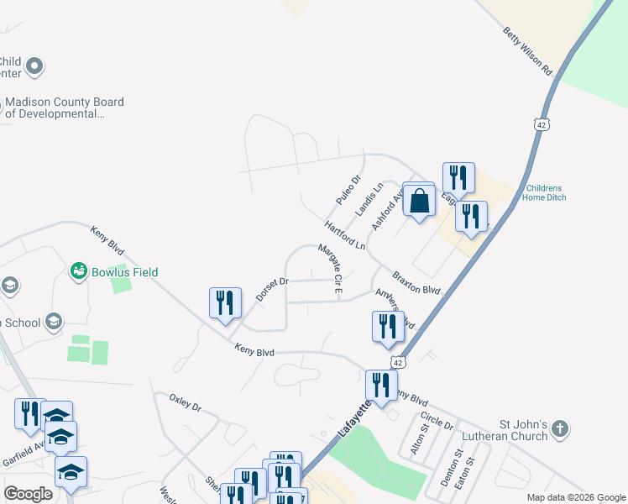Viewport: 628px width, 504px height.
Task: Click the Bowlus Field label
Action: click(125, 272)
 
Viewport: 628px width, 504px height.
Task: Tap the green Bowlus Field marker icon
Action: click(79, 271)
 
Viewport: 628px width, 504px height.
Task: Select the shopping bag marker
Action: click(419, 202)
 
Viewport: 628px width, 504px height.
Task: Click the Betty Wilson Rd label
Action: click(528, 51)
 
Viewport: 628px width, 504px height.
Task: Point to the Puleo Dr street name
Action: click(348, 191)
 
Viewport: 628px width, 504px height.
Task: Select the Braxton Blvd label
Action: click(416, 283)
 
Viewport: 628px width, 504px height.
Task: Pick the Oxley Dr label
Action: click(186, 402)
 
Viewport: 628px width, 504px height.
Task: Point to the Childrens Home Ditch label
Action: click(546, 192)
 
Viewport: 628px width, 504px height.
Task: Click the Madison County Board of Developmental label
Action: click(65, 108)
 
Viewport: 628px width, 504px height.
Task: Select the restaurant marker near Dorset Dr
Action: click(224, 302)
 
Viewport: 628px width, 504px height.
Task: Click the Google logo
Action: click(29, 494)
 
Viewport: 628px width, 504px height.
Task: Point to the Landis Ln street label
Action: click(369, 198)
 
